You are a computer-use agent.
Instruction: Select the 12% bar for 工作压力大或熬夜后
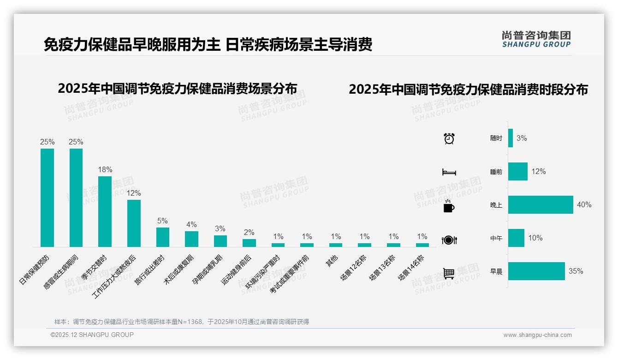pos(134,223)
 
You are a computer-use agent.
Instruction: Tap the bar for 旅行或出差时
pos(162,237)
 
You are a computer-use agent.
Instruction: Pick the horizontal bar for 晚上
pos(541,204)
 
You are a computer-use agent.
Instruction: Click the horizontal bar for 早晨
pos(536,271)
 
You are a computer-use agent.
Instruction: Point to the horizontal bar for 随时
pos(511,138)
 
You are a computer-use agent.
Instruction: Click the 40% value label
pos(584,205)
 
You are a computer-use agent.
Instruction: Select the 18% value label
pos(105,170)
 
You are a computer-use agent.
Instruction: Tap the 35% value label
pos(576,271)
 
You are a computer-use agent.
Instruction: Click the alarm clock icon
pos(449,138)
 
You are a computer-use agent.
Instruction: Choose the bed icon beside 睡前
pos(449,172)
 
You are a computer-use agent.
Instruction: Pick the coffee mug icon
pos(449,206)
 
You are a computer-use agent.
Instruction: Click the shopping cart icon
pos(449,273)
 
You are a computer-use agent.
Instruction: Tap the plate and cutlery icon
pos(449,240)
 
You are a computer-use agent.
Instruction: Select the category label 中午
pos(496,239)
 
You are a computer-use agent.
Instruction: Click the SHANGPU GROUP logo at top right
pos(536,39)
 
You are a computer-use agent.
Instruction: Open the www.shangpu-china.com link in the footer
pos(537,335)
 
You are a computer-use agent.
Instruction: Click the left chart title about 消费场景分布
pos(177,89)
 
